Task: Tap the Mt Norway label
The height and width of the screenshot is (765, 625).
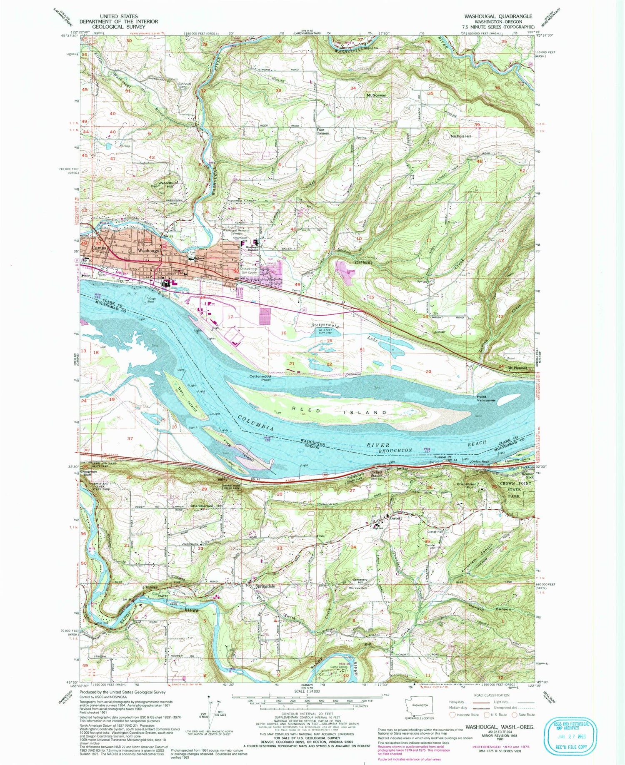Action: (x=376, y=95)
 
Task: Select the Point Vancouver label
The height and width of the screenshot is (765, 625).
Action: (x=486, y=399)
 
